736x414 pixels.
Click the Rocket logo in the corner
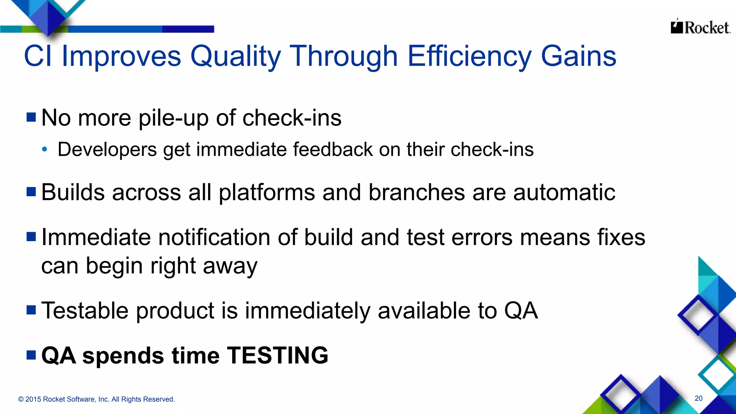coord(700,27)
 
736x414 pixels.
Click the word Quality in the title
coord(235,56)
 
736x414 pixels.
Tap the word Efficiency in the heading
coord(469,56)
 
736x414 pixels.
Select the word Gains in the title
coord(579,56)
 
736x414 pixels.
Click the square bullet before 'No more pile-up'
coord(31,117)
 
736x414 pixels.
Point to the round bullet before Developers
coord(44,149)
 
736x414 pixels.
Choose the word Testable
coord(85,310)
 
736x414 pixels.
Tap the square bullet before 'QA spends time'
coord(31,355)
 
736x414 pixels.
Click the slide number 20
coord(698,398)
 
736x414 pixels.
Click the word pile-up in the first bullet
coord(173,118)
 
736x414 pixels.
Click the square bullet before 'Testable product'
coord(31,310)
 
